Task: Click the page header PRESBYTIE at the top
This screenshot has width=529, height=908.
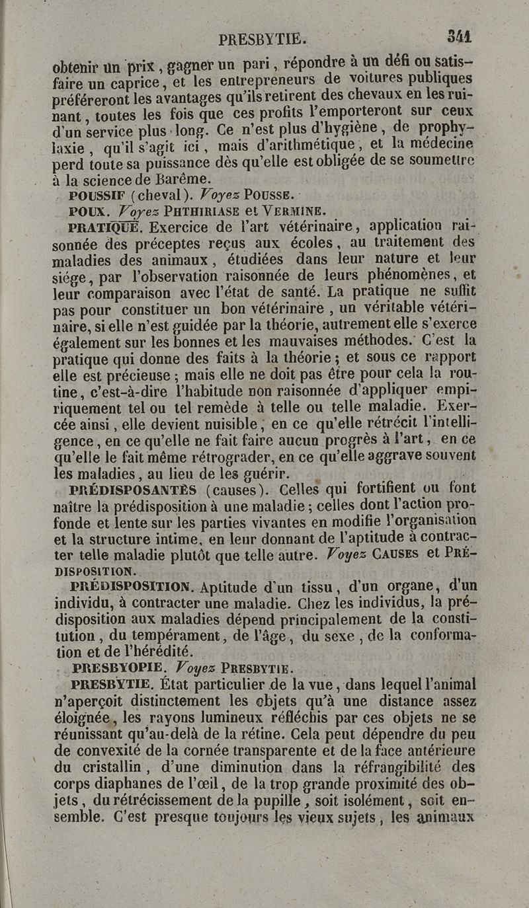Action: (x=261, y=39)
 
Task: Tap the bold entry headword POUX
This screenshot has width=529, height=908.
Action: (x=89, y=212)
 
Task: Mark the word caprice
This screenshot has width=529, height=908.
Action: (x=140, y=84)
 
